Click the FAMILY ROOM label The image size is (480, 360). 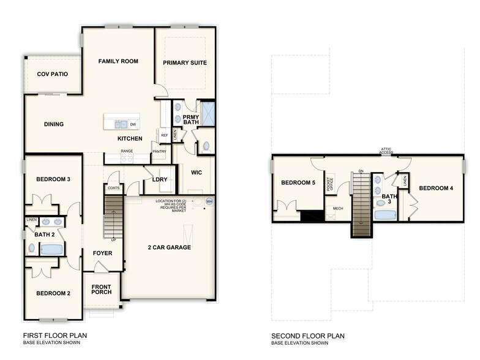click(119, 61)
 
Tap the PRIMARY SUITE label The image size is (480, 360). click(184, 62)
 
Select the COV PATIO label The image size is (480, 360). click(52, 74)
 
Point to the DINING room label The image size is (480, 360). click(54, 124)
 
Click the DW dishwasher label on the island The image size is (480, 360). click(132, 124)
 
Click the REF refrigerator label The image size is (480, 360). click(164, 135)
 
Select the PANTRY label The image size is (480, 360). click(159, 151)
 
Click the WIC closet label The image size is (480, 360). click(196, 173)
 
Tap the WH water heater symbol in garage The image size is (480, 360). click(209, 201)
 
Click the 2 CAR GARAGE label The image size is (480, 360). click(169, 247)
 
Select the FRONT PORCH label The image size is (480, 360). click(102, 289)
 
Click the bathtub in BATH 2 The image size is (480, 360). click(51, 249)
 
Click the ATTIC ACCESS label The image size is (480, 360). click(386, 150)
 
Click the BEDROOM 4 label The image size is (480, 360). click(435, 188)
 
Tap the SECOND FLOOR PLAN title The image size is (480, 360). click(308, 336)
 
